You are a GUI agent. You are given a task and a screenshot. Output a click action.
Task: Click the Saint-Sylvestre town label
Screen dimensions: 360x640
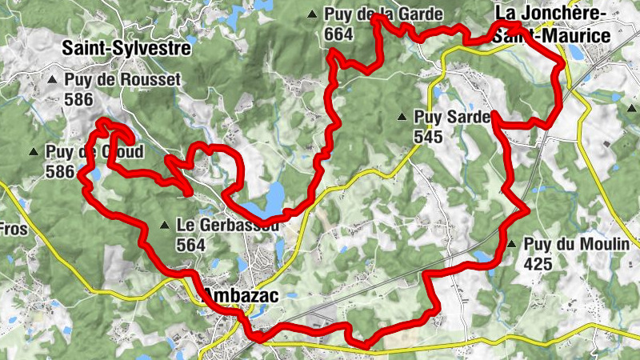pos(127,49)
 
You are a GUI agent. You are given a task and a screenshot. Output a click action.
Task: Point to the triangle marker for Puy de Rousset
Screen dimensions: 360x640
pos(53,80)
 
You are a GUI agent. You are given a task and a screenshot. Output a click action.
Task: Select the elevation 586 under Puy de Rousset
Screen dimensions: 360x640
pos(81,100)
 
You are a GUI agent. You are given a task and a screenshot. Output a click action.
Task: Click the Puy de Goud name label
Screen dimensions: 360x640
pos(94,152)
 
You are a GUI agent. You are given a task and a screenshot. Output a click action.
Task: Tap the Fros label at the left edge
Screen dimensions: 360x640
pos(14,230)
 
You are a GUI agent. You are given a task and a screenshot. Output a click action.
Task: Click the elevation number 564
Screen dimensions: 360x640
pos(190,246)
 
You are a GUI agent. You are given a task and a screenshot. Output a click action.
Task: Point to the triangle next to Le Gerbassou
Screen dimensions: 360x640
pos(164,226)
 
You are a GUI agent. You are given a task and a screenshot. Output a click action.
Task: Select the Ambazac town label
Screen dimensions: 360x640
pos(240,296)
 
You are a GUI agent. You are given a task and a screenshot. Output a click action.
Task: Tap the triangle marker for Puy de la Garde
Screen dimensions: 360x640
pos(312,14)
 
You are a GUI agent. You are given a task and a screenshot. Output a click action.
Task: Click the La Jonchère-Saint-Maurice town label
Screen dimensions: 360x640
pos(552,25)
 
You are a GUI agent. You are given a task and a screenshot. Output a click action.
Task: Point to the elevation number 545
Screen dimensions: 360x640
pos(428,137)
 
